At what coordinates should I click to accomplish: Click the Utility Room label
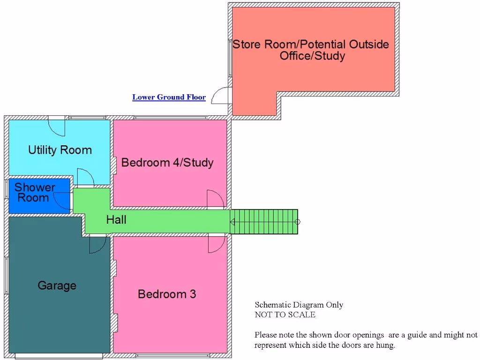click(60, 150)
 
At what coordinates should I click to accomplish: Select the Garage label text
click(57, 285)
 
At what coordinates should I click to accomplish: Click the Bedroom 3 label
click(167, 294)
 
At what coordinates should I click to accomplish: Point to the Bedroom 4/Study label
click(167, 163)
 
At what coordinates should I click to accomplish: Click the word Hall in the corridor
click(116, 220)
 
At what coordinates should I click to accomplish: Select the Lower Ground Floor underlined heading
click(169, 97)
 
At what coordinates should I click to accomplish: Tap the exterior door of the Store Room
click(220, 96)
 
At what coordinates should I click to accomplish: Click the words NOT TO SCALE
click(285, 315)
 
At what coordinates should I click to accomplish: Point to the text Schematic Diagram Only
click(299, 305)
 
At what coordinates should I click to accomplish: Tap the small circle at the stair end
click(297, 222)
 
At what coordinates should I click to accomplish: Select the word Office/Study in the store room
click(312, 56)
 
